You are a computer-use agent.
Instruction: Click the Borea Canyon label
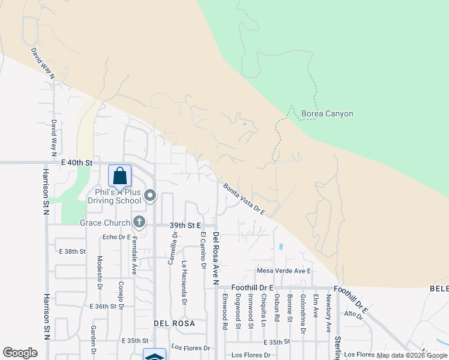click(327, 113)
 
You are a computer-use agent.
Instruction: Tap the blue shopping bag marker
click(119, 176)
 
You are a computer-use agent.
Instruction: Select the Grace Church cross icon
click(139, 223)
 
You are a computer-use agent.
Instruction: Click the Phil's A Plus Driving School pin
click(150, 196)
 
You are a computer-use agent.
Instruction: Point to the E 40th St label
click(77, 163)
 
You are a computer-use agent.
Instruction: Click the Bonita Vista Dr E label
click(244, 199)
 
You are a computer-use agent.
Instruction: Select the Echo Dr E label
click(117, 237)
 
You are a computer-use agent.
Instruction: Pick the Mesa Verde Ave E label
click(283, 271)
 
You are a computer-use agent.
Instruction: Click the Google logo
click(20, 353)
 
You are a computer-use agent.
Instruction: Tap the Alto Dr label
click(351, 314)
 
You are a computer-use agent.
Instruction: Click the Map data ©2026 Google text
click(411, 355)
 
